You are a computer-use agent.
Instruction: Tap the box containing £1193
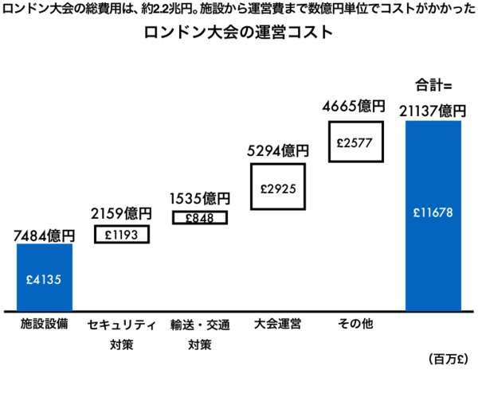pyautogui.click(x=122, y=235)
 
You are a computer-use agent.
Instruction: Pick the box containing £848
pyautogui.click(x=200, y=216)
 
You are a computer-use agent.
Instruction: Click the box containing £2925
pyautogui.click(x=278, y=187)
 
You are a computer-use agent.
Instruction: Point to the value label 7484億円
pyautogui.click(x=45, y=235)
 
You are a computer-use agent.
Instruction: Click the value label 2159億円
pyautogui.click(x=122, y=214)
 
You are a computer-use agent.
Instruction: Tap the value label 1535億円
pyautogui.click(x=200, y=197)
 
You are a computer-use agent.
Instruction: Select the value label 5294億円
pyautogui.click(x=278, y=150)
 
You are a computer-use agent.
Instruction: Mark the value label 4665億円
pyautogui.click(x=355, y=106)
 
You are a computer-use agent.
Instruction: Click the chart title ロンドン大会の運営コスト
pyautogui.click(x=239, y=37)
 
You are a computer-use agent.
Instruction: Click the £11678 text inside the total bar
pyautogui.click(x=433, y=213)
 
